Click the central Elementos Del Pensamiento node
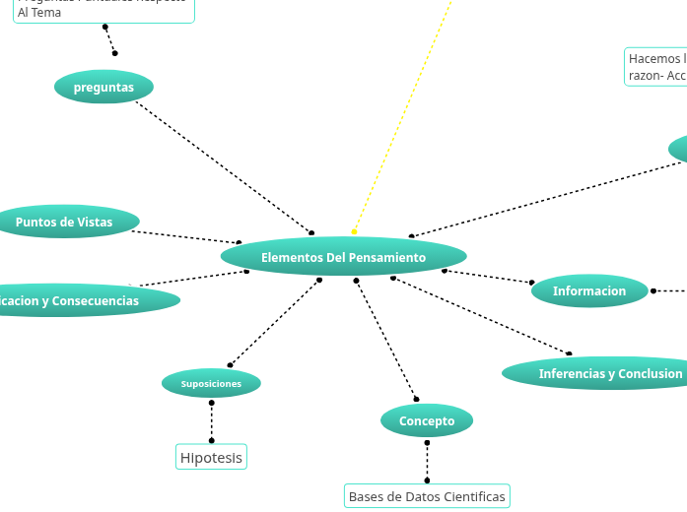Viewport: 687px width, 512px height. [343, 257]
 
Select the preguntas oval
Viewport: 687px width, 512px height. [103, 87]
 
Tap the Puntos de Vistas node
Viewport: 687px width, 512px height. [64, 222]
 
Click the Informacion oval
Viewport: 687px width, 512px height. [589, 290]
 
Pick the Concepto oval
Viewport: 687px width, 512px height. [427, 420]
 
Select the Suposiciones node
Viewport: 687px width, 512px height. [211, 383]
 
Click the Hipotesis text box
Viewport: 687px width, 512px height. [211, 457]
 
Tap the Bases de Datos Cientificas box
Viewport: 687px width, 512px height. [427, 496]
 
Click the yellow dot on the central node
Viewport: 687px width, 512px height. [354, 232]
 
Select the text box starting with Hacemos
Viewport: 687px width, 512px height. [656, 67]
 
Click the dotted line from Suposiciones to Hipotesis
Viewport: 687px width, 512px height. [211, 421]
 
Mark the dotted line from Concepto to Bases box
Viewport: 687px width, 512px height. [427, 462]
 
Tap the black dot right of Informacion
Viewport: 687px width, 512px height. [653, 290]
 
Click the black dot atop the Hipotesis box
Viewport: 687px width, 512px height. [211, 440]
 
